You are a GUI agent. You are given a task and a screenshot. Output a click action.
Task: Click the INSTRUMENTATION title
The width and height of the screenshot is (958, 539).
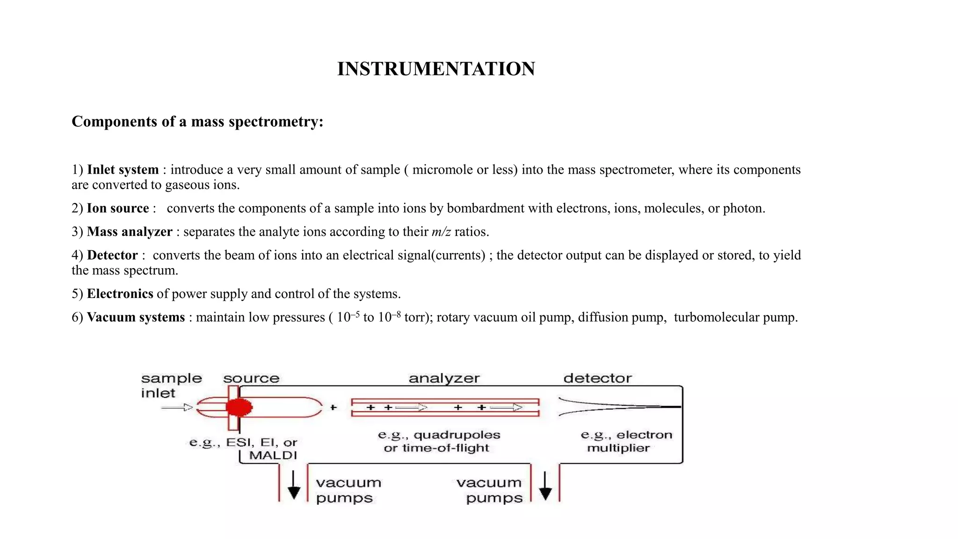point(436,69)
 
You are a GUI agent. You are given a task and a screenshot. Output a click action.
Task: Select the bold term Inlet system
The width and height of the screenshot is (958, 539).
point(123,169)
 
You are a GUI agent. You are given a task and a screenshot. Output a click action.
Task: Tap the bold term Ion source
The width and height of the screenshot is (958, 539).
point(118,208)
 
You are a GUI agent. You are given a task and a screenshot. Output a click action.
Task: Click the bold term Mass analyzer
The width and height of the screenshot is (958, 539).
point(130,232)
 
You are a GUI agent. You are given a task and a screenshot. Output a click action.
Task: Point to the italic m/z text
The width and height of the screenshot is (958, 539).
point(441,232)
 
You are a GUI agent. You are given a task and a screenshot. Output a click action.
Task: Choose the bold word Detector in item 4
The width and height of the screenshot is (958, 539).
point(112,255)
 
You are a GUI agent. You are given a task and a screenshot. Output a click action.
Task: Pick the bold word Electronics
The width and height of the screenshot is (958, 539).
point(120,293)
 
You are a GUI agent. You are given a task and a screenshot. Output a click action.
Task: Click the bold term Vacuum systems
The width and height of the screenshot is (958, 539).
point(136,317)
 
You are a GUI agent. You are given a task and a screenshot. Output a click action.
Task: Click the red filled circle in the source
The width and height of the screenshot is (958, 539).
point(239,408)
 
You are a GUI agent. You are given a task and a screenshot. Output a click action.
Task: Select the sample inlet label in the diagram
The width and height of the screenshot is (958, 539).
point(171,386)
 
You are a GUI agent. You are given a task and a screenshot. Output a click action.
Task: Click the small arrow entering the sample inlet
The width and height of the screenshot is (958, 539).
point(177,408)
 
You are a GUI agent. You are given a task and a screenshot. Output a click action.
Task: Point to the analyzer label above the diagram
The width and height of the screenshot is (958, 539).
point(444,378)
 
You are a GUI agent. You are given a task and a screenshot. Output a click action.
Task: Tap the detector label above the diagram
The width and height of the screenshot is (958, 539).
point(597,378)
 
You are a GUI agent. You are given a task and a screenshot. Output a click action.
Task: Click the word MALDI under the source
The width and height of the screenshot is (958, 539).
point(273,455)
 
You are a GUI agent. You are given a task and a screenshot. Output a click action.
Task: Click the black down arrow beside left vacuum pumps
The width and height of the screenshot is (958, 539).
point(294,487)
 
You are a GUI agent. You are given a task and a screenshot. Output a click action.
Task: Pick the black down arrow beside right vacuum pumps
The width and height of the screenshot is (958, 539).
point(545,487)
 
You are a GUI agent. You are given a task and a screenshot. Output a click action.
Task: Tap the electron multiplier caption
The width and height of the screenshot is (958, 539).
point(626,441)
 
